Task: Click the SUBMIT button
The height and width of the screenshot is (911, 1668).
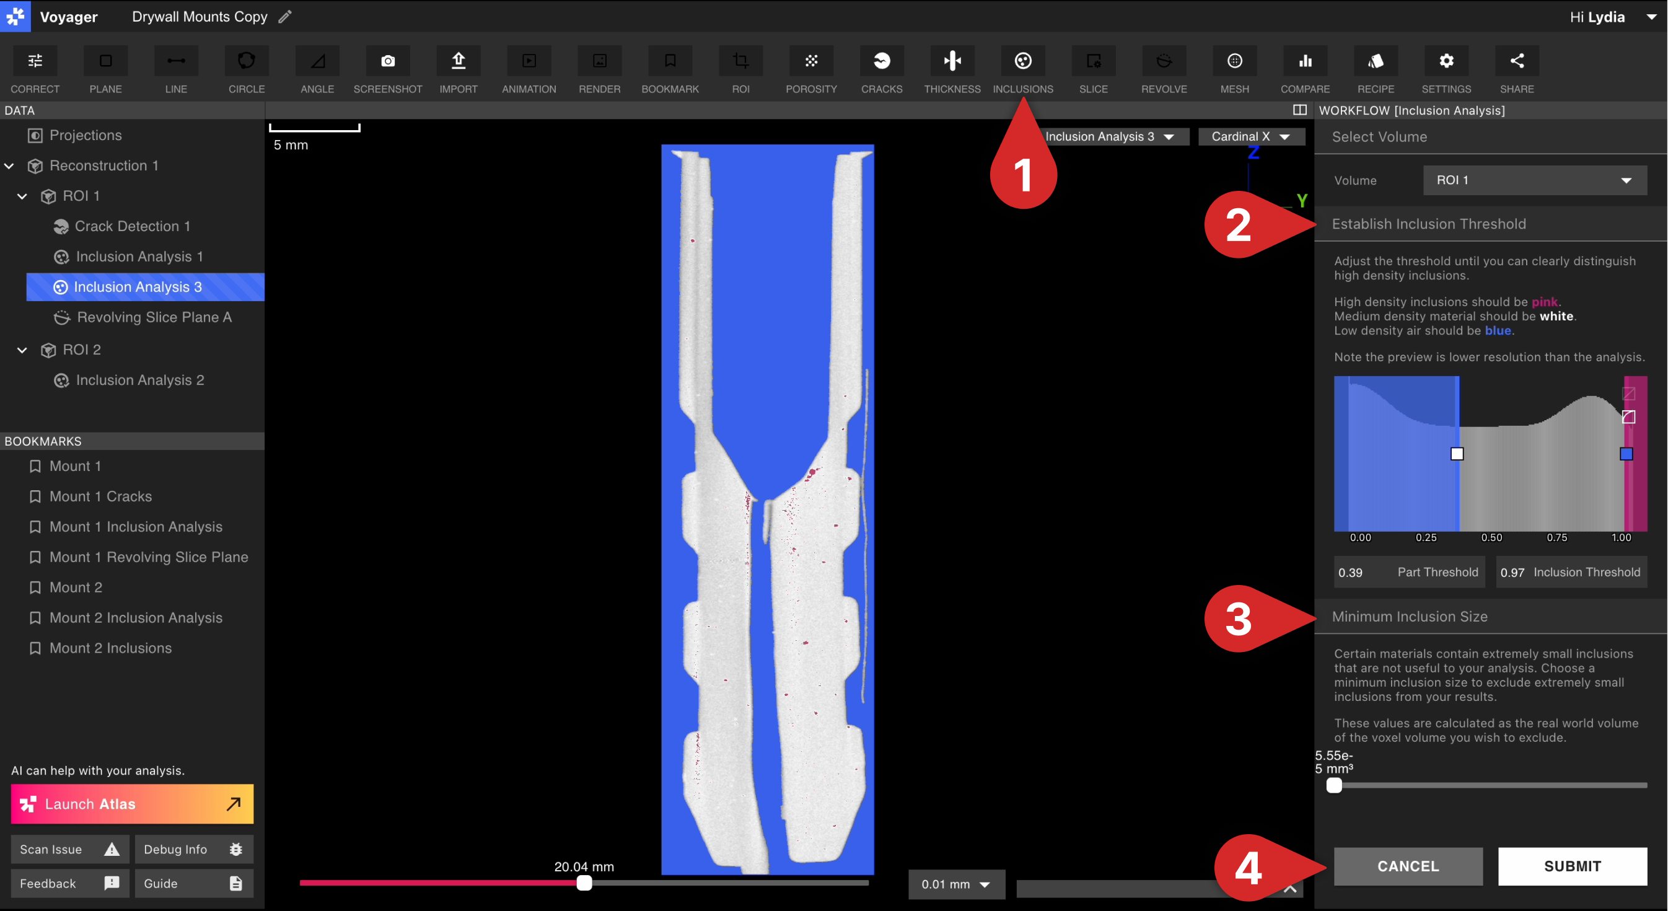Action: [x=1572, y=866]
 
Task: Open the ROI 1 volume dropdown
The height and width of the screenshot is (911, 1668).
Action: [x=1535, y=180]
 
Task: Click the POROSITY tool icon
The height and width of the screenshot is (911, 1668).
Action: [x=811, y=61]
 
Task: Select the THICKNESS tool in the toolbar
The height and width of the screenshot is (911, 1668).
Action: [x=952, y=61]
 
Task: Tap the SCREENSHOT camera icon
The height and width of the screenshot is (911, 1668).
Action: [x=388, y=61]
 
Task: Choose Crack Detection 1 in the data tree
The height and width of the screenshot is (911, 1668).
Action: [x=132, y=226]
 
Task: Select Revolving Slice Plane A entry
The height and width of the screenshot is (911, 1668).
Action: [x=154, y=317]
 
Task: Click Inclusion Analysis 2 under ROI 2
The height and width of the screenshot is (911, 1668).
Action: [x=140, y=380]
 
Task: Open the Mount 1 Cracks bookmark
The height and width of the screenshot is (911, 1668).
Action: [x=100, y=496]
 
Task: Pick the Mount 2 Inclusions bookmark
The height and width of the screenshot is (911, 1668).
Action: [x=110, y=648]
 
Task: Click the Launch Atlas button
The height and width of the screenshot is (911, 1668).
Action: [x=132, y=804]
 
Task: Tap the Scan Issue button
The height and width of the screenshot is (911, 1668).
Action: [x=69, y=850]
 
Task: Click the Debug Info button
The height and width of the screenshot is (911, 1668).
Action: [x=193, y=850]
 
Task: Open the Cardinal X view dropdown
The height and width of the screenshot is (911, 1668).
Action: [x=1251, y=136]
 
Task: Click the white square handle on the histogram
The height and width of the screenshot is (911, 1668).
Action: [x=1457, y=454]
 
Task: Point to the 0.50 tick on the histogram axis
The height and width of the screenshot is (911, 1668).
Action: [x=1492, y=537]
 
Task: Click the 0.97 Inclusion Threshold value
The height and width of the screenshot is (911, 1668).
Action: [x=1512, y=573]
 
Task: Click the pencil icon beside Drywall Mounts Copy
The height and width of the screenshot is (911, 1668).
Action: [x=285, y=17]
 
